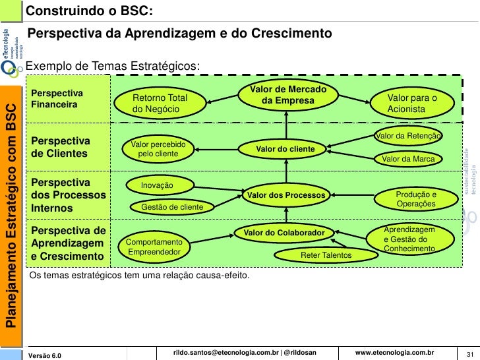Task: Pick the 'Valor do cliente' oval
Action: point(285,150)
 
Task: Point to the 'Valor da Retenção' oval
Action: point(407,136)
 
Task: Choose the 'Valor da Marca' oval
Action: point(409,159)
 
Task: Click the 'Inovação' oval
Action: point(158,186)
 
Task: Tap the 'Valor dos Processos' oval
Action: point(285,195)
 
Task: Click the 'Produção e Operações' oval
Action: point(416,200)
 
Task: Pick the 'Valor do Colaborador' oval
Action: point(284,233)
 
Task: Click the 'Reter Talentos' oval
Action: point(326,255)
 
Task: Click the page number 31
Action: point(471,354)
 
